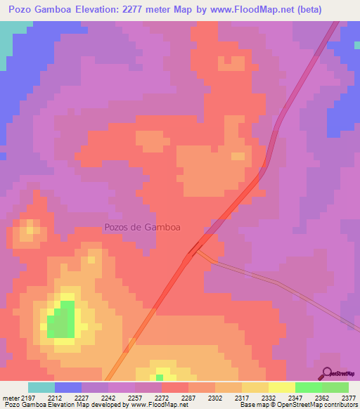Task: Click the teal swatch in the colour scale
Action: [41, 387]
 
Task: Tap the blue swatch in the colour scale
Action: [68, 387]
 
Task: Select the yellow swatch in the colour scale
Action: [282, 387]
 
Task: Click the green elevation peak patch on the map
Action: [63, 320]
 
